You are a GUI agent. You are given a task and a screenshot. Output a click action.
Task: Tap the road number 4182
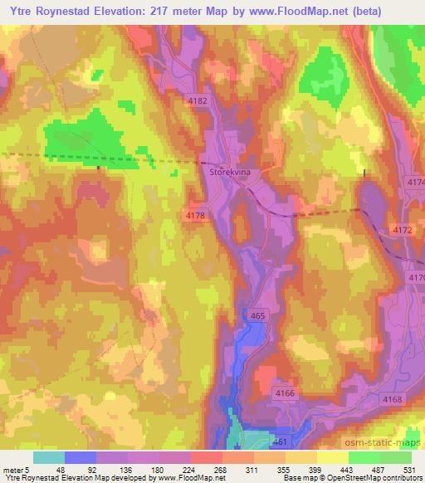pos(198,101)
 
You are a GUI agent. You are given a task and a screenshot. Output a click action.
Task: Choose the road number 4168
pos(393,399)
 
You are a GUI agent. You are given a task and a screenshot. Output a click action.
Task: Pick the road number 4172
pos(402,229)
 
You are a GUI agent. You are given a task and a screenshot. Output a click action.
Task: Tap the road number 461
pos(280,442)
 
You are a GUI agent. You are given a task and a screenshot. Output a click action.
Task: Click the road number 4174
pos(415,182)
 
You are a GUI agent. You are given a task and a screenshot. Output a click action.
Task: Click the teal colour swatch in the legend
pos(49,456)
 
